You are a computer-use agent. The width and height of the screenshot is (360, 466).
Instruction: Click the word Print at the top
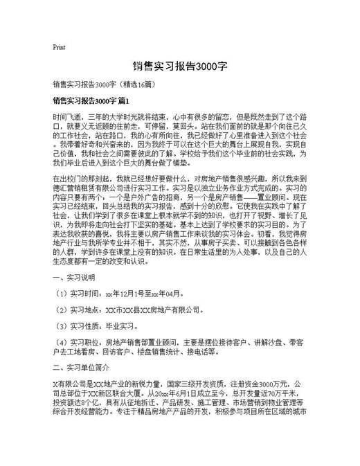pos(59,47)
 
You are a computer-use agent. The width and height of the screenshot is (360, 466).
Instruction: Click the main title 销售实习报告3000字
pos(179,67)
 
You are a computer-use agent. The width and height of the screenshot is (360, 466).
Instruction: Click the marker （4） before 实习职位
pos(60,341)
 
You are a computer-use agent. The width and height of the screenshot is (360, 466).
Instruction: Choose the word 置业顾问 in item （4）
pos(167,341)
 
